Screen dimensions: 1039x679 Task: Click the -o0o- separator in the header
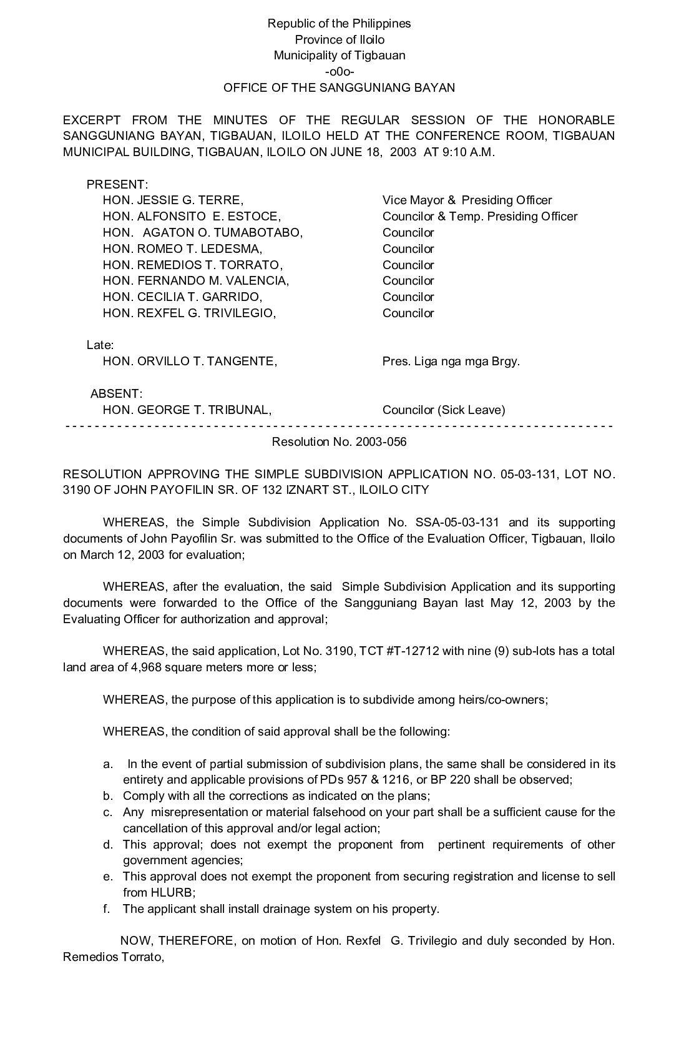pyautogui.click(x=339, y=71)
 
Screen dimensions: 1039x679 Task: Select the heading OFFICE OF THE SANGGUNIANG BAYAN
pyautogui.click(x=339, y=87)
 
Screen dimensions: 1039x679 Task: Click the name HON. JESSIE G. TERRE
pyautogui.click(x=173, y=200)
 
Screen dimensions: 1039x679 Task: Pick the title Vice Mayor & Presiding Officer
pyautogui.click(x=467, y=200)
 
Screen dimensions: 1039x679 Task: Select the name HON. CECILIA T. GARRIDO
pyautogui.click(x=182, y=297)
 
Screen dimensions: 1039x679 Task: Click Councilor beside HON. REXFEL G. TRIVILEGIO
pyautogui.click(x=408, y=313)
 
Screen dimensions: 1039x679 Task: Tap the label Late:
pyautogui.click(x=100, y=345)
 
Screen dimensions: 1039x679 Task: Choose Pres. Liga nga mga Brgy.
pyautogui.click(x=451, y=362)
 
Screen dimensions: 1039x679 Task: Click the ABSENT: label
pyautogui.click(x=117, y=394)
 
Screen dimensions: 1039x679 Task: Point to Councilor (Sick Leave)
pyautogui.click(x=444, y=410)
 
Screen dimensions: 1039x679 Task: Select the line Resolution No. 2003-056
pyautogui.click(x=339, y=442)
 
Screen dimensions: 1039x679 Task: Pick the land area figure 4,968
pyautogui.click(x=148, y=667)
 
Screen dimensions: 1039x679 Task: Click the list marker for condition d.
pyautogui.click(x=108, y=845)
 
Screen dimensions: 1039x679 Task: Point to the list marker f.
pyautogui.click(x=107, y=909)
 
